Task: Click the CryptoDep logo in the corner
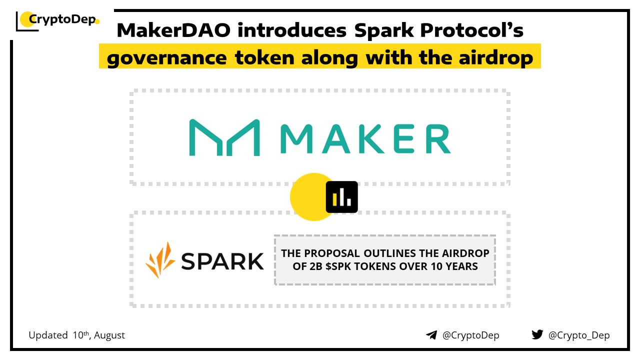(57, 21)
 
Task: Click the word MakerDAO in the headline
(173, 30)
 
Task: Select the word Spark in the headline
(384, 31)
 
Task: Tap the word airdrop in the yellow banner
(495, 58)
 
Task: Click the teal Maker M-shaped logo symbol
(224, 137)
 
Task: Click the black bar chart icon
(341, 197)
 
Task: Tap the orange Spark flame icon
(160, 260)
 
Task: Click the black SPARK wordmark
(222, 261)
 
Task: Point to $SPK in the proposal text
(339, 266)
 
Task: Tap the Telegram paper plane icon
(431, 335)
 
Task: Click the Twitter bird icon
(537, 334)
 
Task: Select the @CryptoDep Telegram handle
(471, 335)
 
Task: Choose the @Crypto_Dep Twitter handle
(579, 335)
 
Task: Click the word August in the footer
(109, 335)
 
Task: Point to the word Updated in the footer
(48, 335)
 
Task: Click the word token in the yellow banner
(264, 58)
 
